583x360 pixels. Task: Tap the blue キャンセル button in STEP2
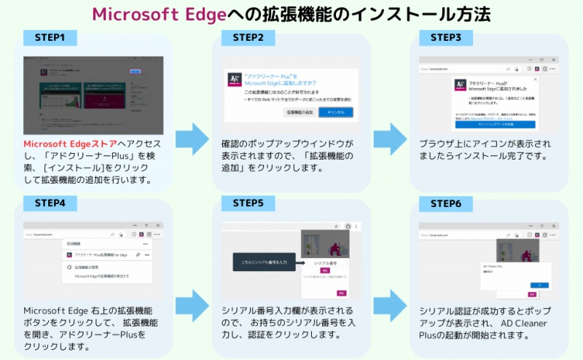[x=336, y=111]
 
